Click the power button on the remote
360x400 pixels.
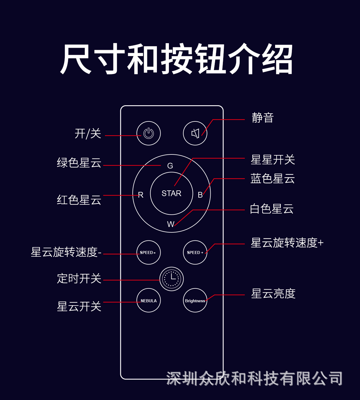148,133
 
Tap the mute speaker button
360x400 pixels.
195,133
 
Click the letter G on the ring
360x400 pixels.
170,166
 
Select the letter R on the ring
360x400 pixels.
141,195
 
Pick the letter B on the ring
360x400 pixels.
200,195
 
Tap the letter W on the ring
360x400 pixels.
170,224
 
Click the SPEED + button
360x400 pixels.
195,252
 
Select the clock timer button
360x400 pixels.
171,279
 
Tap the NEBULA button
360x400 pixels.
148,300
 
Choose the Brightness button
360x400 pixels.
195,300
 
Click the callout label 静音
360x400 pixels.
262,118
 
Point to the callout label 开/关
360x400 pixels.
88,134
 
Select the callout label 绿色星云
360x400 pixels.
79,163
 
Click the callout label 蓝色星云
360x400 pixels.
273,179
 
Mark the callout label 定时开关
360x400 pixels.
79,279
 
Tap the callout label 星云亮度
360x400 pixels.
273,294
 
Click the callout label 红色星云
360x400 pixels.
79,200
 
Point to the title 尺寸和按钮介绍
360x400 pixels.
176,59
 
